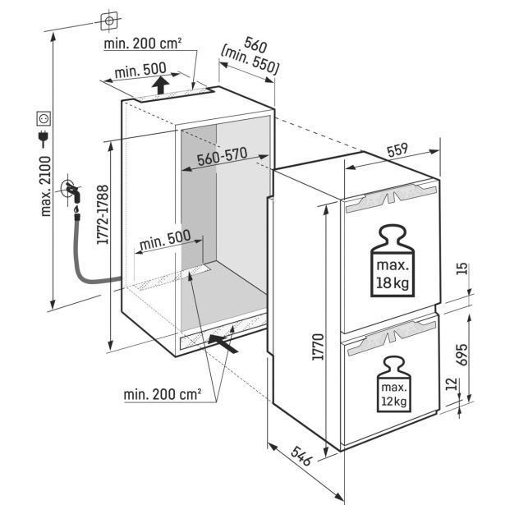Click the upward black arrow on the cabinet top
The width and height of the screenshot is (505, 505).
(163, 85)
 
